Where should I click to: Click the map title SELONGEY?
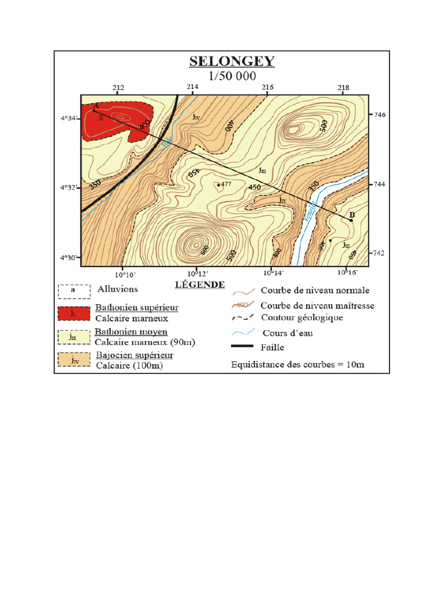coord(232,62)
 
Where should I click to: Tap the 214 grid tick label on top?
coord(193,88)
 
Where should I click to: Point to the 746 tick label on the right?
coord(380,115)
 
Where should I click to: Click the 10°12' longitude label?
coord(196,273)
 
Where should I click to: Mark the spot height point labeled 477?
coord(219,185)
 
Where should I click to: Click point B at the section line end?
coord(351,219)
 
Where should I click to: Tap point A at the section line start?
coord(95,110)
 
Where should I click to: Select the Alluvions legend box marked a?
coord(73,290)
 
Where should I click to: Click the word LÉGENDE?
coord(199,285)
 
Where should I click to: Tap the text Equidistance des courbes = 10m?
coord(298,365)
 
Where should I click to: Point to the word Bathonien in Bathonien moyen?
coord(114,332)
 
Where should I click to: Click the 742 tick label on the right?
coord(380,253)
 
